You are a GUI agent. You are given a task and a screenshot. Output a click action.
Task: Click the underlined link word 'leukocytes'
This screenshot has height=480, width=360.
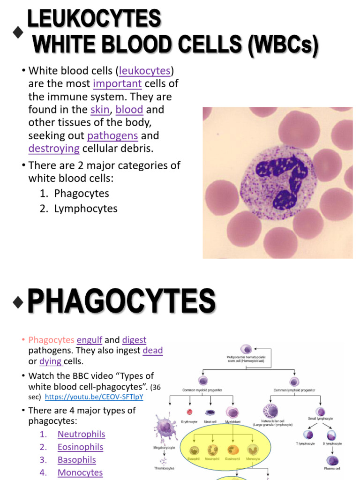click(144, 71)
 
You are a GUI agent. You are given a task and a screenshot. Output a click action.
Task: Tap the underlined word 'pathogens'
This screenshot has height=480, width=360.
click(112, 136)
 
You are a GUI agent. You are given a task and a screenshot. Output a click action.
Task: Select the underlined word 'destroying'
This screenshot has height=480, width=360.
click(54, 149)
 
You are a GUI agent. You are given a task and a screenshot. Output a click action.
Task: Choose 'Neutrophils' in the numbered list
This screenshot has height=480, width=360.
click(81, 435)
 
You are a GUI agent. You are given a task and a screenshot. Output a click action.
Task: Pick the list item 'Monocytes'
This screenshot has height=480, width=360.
click(80, 472)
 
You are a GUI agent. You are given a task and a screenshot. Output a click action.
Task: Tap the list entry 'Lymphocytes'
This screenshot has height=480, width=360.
click(86, 209)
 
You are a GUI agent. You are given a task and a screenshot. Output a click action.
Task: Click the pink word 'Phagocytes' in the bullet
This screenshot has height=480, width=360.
click(51, 340)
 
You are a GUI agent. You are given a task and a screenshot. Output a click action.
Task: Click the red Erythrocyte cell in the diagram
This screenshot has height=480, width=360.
click(190, 412)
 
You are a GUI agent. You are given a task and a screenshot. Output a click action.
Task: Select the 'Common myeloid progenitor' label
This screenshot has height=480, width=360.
click(202, 390)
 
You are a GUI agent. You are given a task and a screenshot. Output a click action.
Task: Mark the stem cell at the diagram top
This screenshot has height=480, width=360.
click(246, 349)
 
